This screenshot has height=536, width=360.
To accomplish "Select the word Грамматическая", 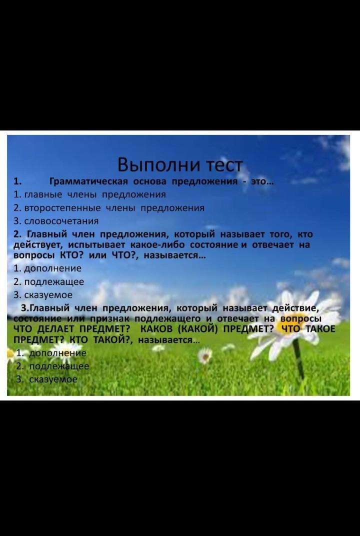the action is (x=89, y=181).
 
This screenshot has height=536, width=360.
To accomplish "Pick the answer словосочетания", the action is (x=61, y=221).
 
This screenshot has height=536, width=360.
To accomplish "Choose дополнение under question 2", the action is (x=52, y=268).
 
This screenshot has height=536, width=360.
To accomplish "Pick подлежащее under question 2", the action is (x=53, y=282).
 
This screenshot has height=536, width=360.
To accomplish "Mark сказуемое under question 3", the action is (x=53, y=379).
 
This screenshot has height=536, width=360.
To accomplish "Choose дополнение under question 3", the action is (x=58, y=353).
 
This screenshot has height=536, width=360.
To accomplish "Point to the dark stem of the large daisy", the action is (x=299, y=359).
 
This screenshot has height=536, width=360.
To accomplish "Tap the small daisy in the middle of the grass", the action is (x=205, y=355).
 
